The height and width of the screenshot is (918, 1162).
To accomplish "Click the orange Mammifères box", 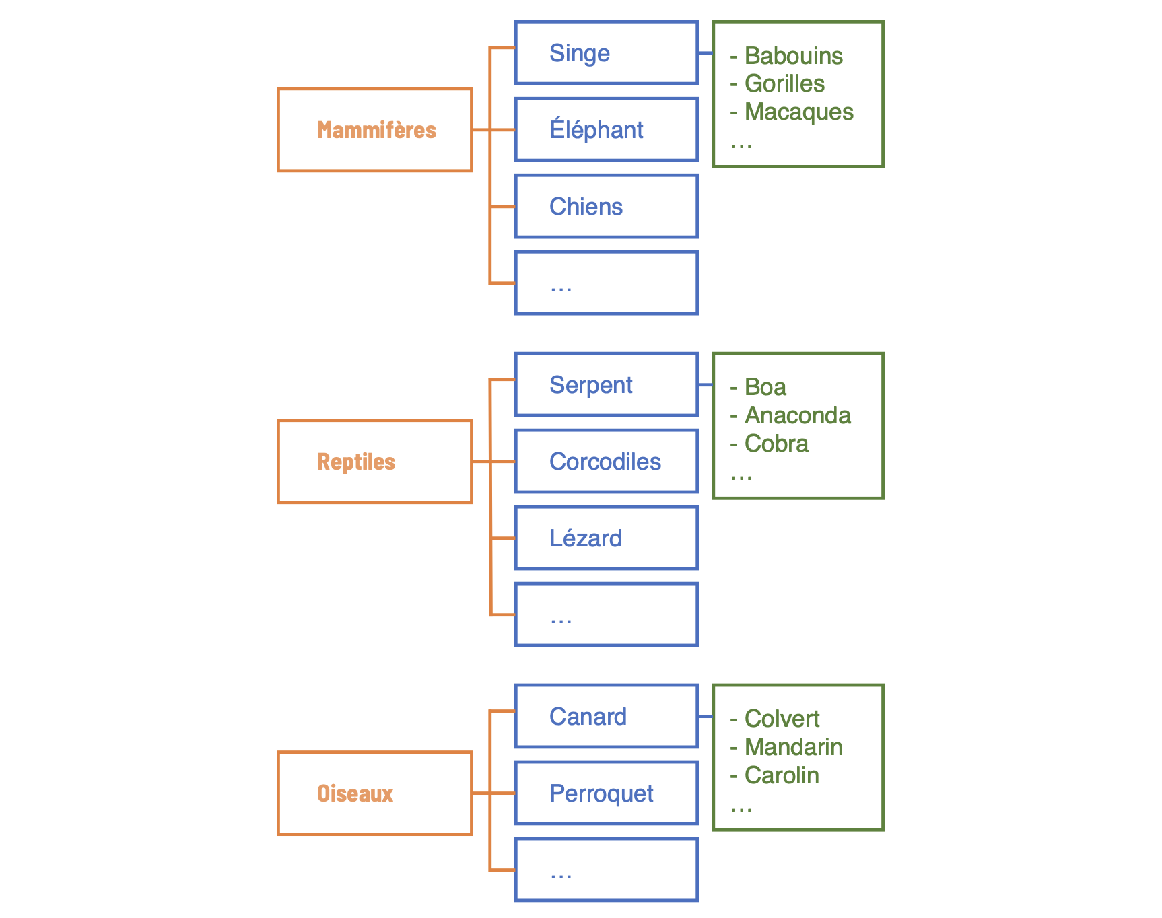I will [x=375, y=130].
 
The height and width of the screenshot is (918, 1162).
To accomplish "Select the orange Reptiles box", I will [x=375, y=462].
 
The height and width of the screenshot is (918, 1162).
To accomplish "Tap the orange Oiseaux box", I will [x=375, y=793].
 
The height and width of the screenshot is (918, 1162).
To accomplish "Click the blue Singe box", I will [x=606, y=53].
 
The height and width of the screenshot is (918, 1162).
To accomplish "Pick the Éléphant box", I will [x=606, y=130].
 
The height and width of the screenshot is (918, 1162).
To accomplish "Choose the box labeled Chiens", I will [x=606, y=207].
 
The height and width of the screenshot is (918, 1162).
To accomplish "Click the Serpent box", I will [x=606, y=385].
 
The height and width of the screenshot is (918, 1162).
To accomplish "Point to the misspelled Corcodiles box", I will [x=606, y=462].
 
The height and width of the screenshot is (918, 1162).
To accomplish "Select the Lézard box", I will [x=606, y=538].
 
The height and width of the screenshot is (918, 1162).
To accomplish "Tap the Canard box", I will [x=606, y=717].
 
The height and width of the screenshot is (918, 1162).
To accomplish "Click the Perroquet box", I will [x=606, y=793].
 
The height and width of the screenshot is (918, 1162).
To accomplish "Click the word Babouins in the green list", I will [x=793, y=56].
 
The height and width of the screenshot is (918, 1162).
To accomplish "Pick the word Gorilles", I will [x=784, y=84].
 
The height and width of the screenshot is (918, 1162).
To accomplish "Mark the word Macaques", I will [x=798, y=112].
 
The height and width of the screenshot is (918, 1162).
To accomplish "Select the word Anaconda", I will [x=797, y=416].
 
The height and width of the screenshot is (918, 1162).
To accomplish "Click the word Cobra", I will [x=776, y=444].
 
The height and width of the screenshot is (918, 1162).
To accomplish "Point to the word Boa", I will [x=765, y=388].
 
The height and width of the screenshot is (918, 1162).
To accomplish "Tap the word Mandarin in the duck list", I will [x=793, y=748].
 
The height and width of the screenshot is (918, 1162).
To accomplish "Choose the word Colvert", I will [x=782, y=719].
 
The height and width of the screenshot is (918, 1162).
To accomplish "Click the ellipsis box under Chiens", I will [x=606, y=283].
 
